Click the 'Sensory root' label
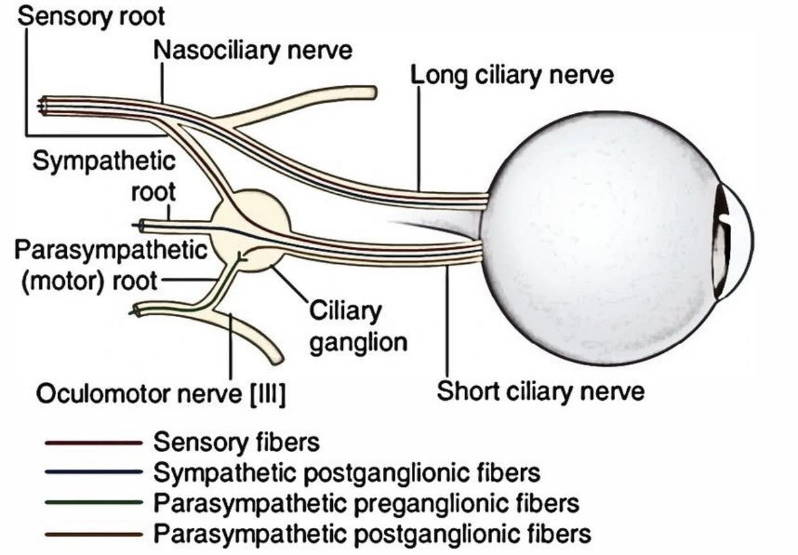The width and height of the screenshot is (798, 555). tap(92, 15)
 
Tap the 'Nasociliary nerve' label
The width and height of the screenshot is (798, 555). tap(253, 50)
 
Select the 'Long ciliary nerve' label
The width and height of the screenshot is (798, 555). tap(512, 75)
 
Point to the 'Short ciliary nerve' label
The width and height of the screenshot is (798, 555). tap(540, 390)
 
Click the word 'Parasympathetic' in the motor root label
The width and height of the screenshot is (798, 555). tap(111, 250)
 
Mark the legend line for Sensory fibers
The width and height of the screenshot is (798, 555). tap(93, 444)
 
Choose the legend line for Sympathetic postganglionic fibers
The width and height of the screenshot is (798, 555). tap(93, 473)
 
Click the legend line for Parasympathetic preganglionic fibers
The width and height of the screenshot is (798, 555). tap(93, 502)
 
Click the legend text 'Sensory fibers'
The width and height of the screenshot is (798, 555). tap(236, 443)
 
